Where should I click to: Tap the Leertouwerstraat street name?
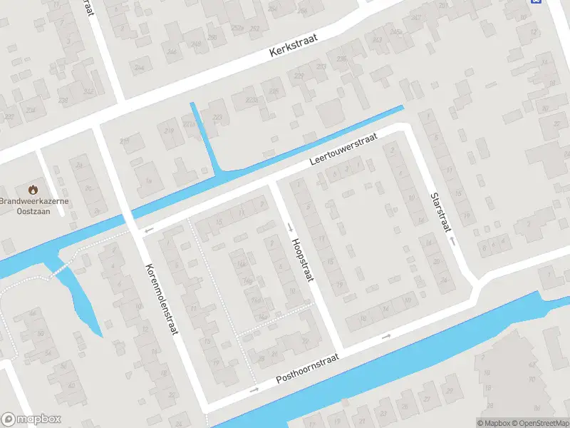342,151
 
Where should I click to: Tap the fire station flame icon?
33,190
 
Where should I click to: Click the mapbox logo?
31,419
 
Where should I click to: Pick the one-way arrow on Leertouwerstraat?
149,230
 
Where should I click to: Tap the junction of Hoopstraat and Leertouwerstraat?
271,183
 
